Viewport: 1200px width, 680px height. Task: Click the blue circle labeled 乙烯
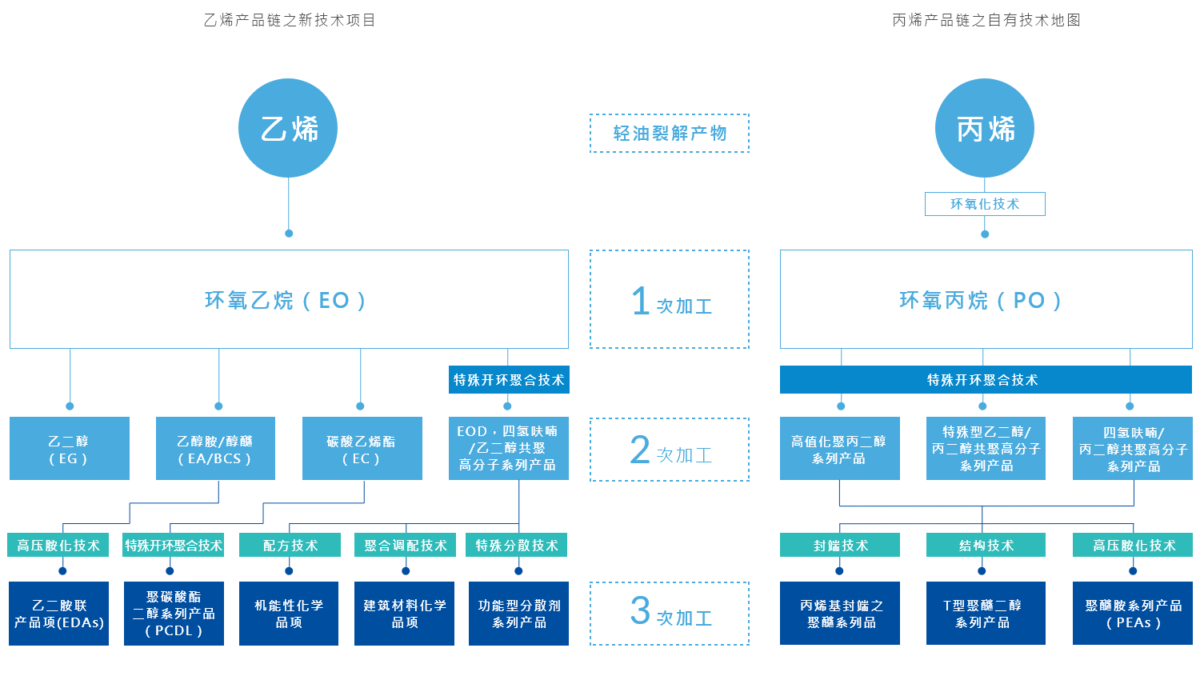[288, 128]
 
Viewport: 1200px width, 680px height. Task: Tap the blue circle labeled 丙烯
[985, 128]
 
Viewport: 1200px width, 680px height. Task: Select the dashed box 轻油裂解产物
[669, 134]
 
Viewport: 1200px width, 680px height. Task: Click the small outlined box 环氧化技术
[985, 204]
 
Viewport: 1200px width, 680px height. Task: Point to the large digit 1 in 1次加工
[641, 301]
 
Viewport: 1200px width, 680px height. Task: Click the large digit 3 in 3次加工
[640, 610]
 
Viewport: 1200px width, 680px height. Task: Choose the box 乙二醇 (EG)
[70, 449]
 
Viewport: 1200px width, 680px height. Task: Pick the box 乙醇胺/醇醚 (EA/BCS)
[215, 449]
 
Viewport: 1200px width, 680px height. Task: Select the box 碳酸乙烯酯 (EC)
[362, 449]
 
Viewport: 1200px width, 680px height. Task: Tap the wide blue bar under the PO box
[986, 380]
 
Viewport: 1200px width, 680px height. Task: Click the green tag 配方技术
[290, 545]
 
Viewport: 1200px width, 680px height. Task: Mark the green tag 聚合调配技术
[405, 545]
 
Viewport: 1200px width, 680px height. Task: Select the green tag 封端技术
[840, 545]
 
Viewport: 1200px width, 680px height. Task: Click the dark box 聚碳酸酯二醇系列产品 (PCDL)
[174, 614]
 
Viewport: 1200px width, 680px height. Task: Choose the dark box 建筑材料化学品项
[405, 614]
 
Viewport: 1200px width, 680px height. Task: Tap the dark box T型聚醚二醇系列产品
[986, 614]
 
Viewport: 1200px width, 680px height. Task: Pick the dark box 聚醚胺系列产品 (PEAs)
[1133, 614]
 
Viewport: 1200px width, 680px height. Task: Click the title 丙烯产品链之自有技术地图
[986, 20]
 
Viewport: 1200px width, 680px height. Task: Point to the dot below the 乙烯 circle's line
[289, 234]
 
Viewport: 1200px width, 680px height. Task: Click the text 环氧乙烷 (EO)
[286, 301]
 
